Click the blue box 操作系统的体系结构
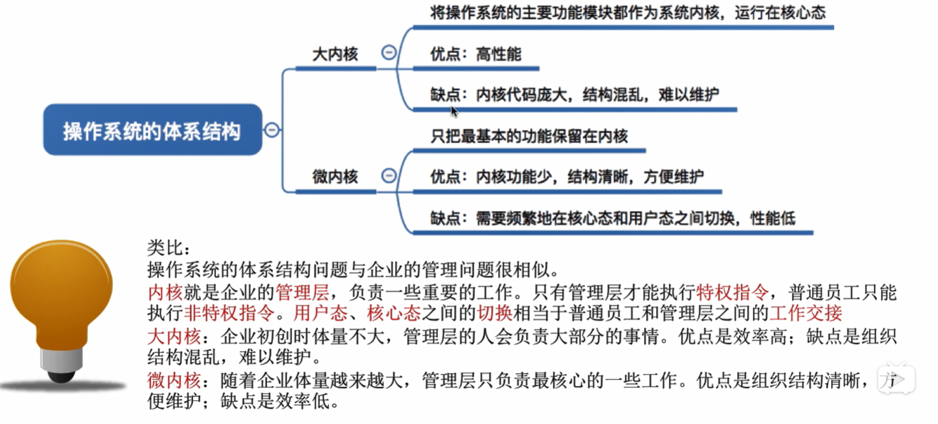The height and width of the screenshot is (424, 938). click(152, 130)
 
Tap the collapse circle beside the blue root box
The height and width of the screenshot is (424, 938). click(272, 130)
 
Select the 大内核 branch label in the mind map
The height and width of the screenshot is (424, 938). click(335, 54)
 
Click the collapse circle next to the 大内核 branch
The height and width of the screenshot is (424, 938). click(389, 52)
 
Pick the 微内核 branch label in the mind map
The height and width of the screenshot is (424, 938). click(335, 177)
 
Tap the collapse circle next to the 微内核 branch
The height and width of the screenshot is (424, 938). click(389, 176)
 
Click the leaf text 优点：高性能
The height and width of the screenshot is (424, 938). click(475, 54)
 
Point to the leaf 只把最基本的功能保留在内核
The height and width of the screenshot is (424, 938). click(529, 136)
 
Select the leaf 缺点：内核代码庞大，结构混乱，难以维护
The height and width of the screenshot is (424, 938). click(575, 95)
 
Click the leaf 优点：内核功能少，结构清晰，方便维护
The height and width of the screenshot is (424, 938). click(567, 177)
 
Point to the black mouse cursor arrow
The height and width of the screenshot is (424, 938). click(454, 111)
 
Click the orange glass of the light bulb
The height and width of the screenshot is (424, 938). click(61, 288)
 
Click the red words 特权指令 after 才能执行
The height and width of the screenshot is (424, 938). click(732, 292)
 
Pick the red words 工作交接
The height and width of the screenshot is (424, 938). click(805, 313)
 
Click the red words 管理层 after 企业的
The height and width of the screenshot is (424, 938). click(302, 292)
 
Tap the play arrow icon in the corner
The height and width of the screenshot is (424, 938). click(895, 379)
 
